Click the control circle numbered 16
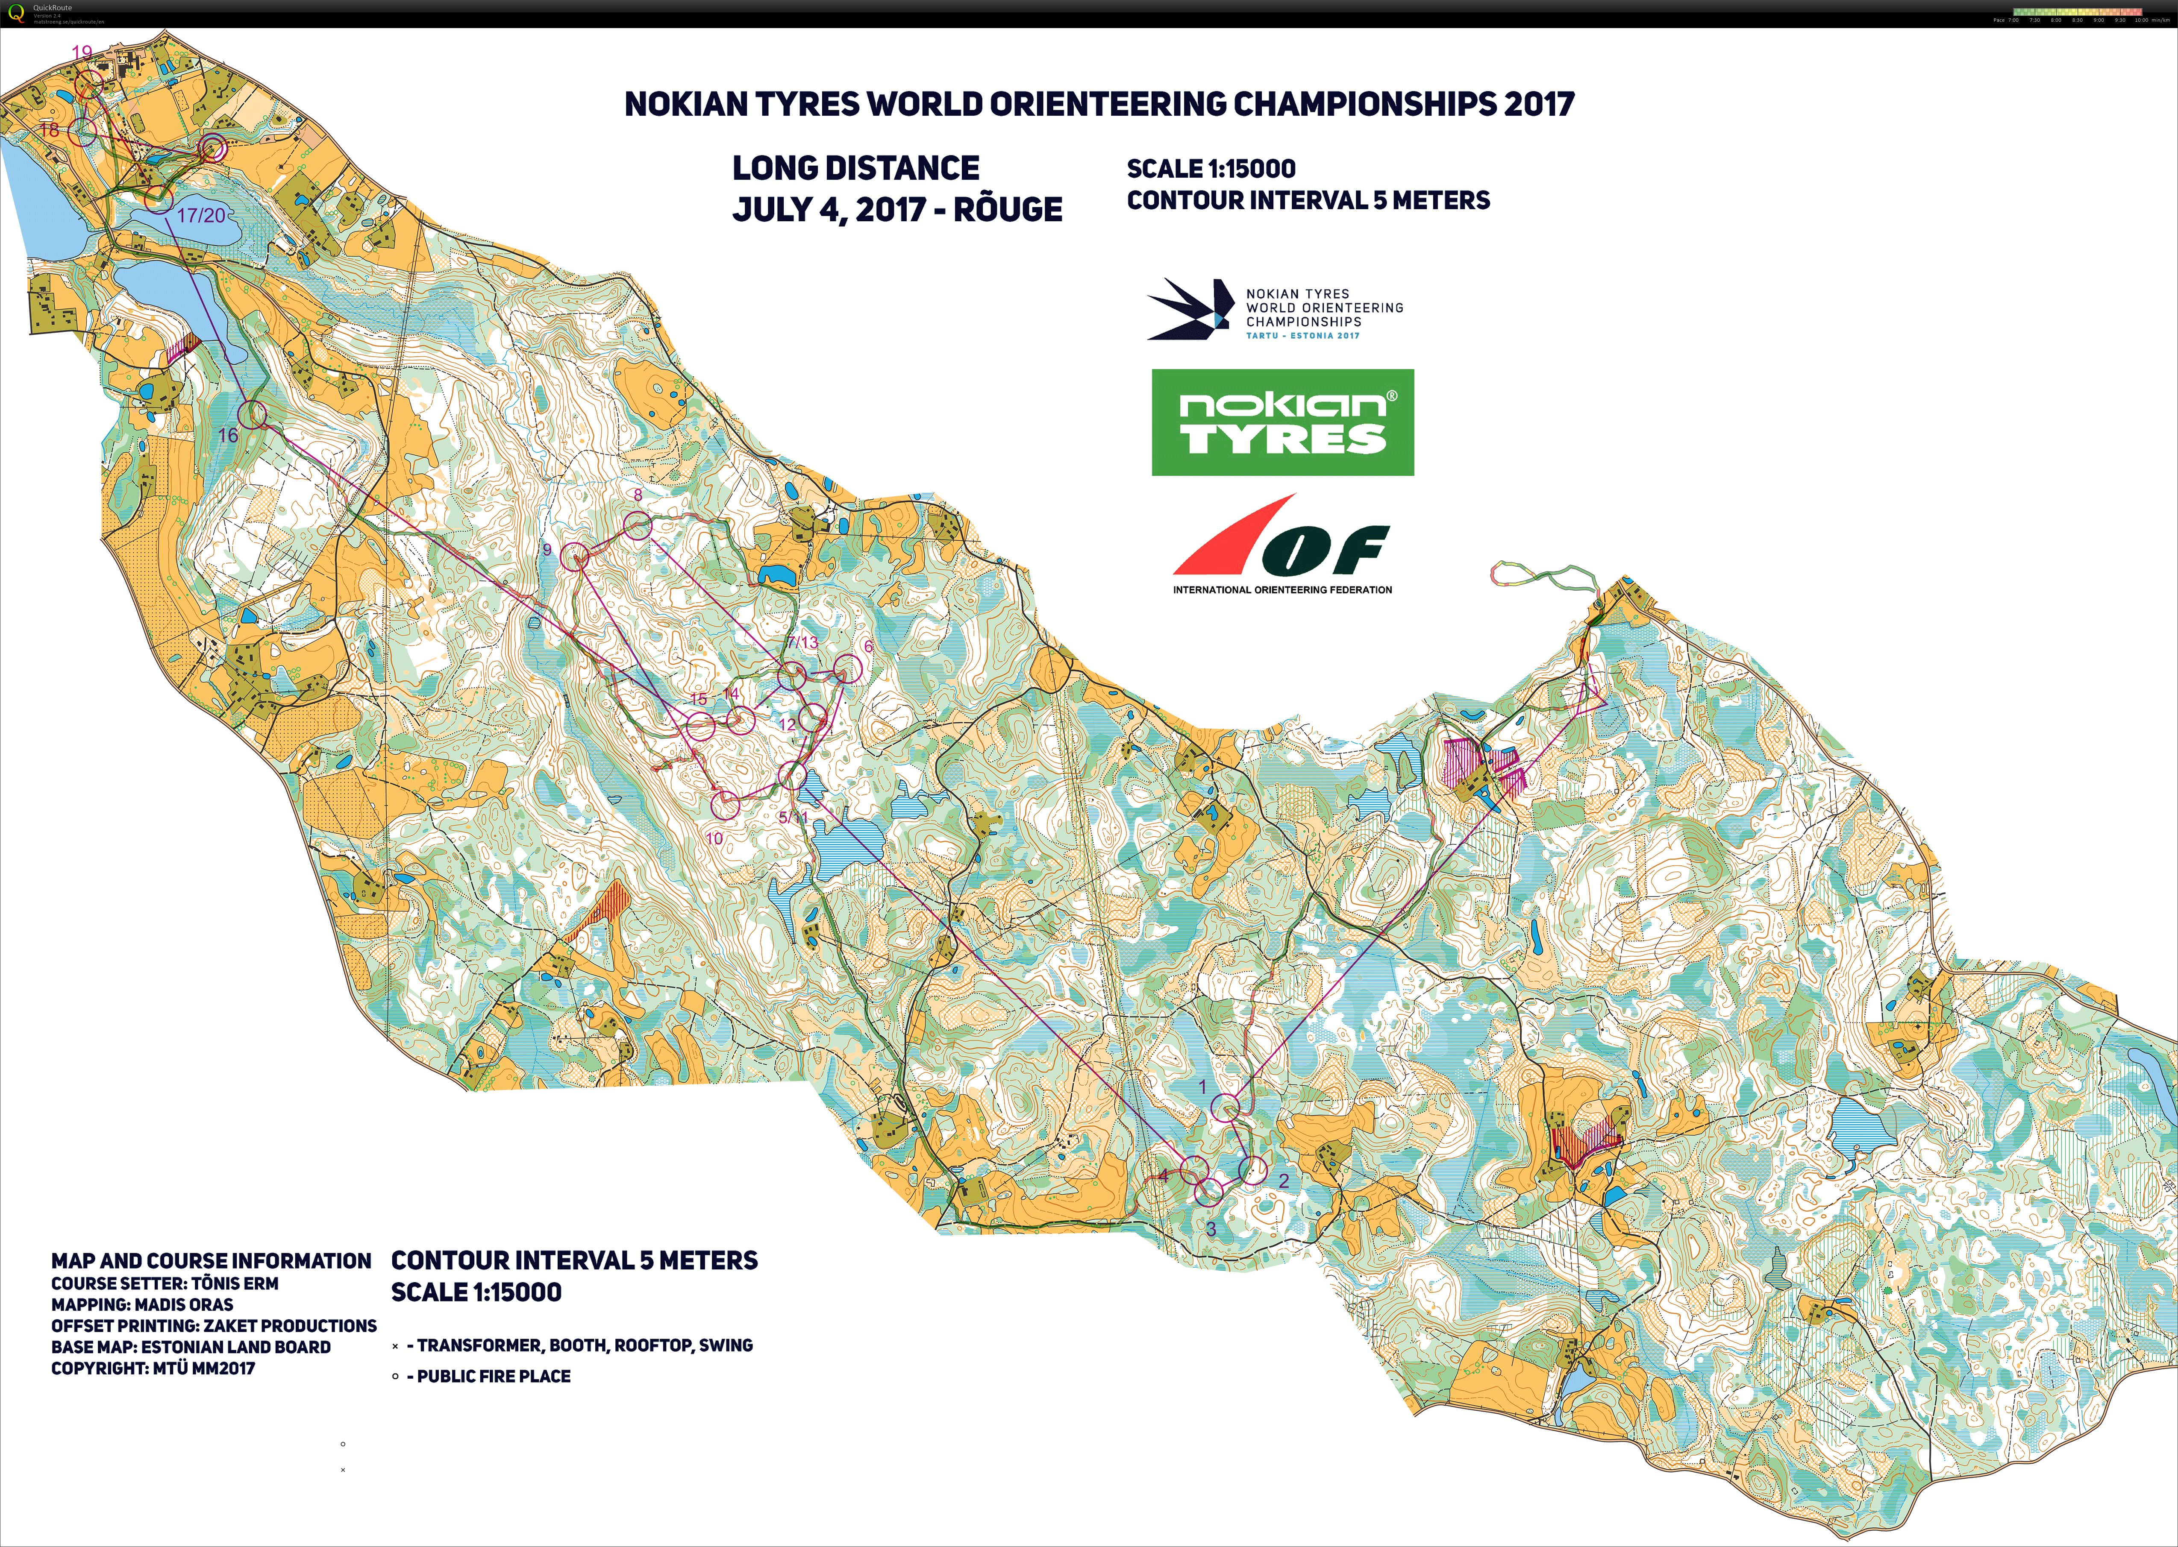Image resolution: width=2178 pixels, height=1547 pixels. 253,414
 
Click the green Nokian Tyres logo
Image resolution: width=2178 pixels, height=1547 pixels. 1282,422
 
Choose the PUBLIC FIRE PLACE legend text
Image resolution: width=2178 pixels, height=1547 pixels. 494,1377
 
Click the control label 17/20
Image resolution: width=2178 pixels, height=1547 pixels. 201,215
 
